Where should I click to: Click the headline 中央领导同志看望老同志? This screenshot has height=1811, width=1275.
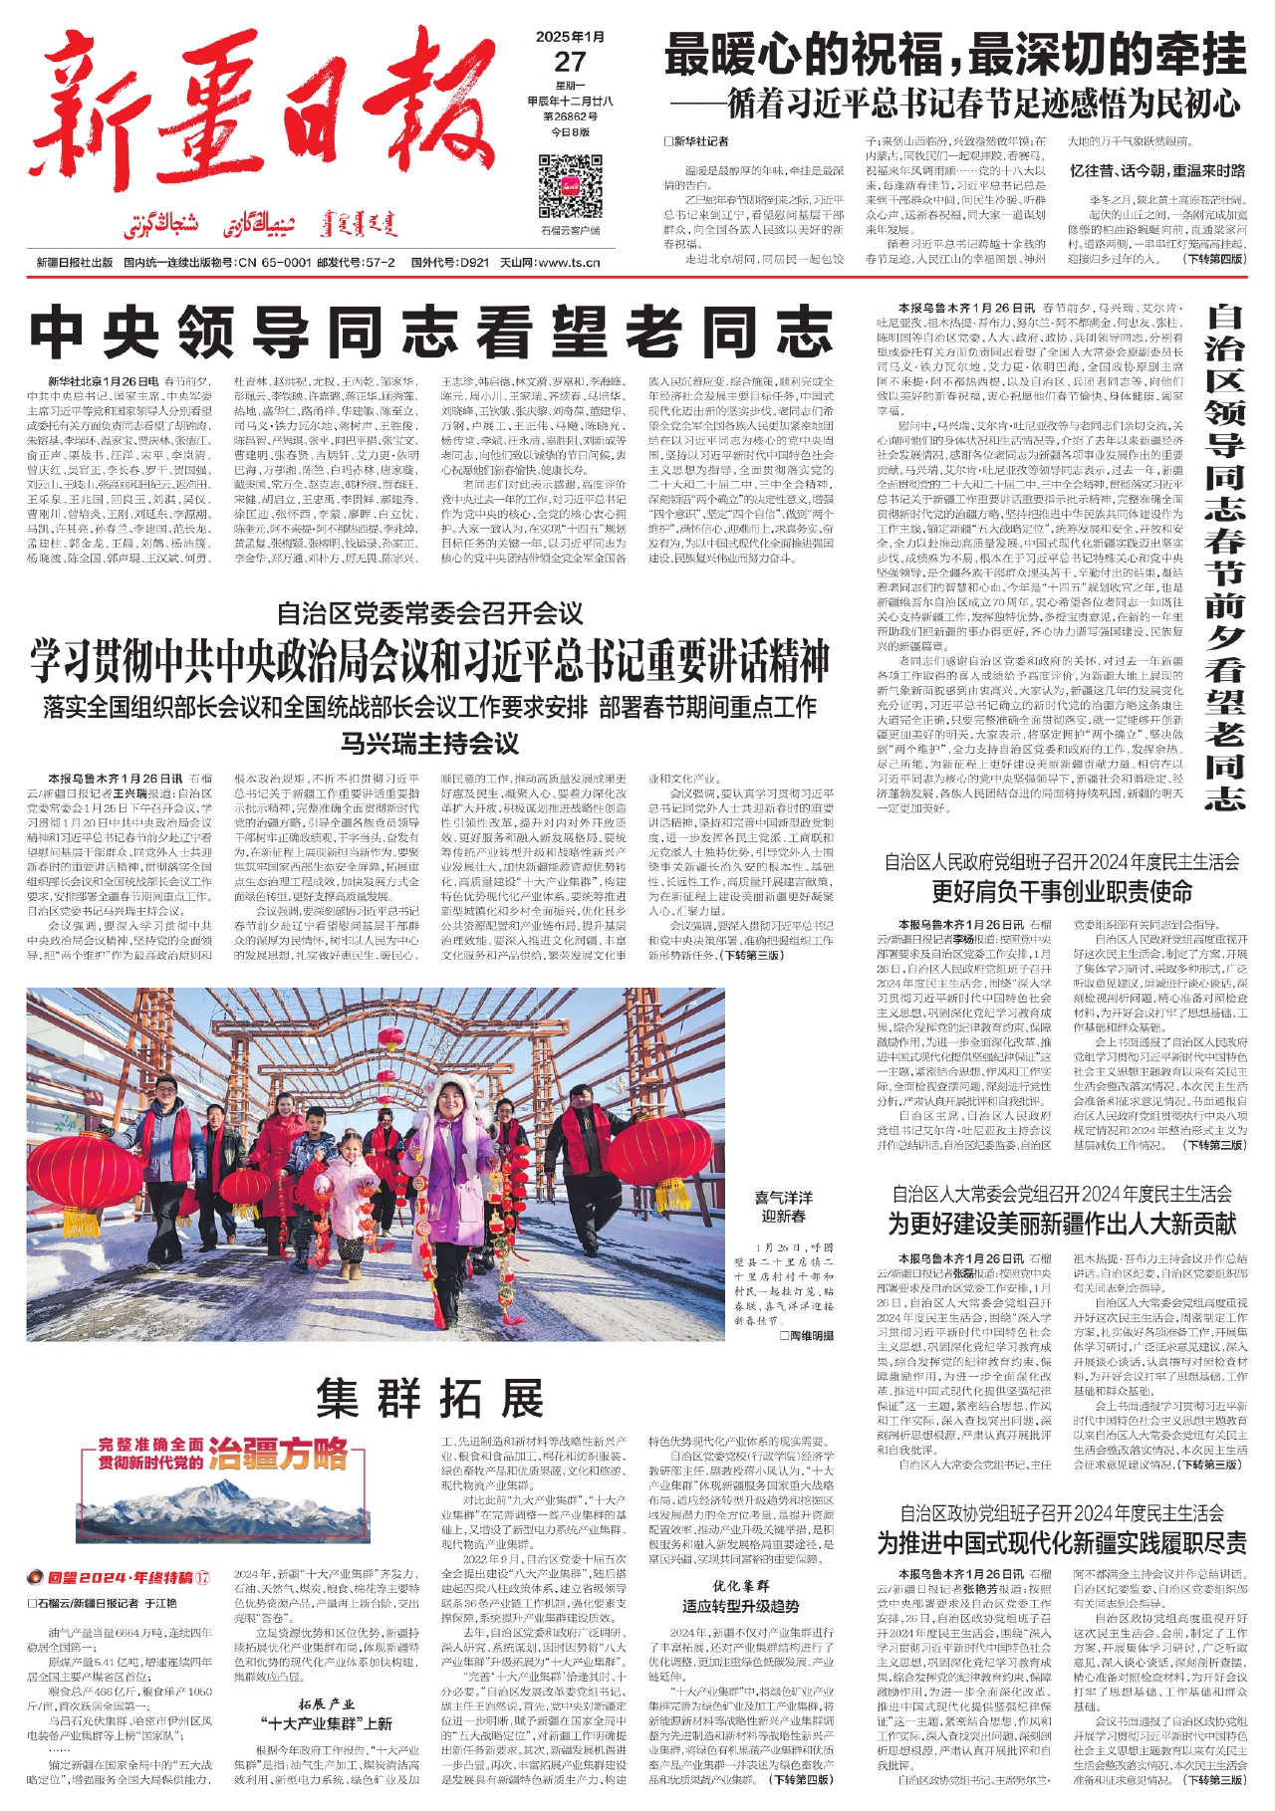coord(430,333)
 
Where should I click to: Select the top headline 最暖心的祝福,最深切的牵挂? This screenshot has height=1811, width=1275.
coord(954,55)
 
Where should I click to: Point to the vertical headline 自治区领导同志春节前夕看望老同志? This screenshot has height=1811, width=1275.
coord(1225,558)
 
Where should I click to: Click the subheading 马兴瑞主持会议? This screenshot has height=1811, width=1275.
coord(430,744)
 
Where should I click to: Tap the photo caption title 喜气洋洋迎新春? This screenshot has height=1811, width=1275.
coord(783,1206)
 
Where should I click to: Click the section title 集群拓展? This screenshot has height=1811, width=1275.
coord(430,1398)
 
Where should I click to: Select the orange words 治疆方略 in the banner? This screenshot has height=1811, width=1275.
coord(278,1454)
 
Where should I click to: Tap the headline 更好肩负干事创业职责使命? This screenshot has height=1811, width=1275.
coord(1062,891)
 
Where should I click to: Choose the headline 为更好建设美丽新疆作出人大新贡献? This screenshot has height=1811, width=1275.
coord(1062,1223)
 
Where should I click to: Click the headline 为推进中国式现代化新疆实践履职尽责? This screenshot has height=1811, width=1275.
coord(1062,1542)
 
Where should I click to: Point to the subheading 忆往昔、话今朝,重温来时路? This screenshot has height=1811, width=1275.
coord(1157,170)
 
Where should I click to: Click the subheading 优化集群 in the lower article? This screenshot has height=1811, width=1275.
coord(740,1585)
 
